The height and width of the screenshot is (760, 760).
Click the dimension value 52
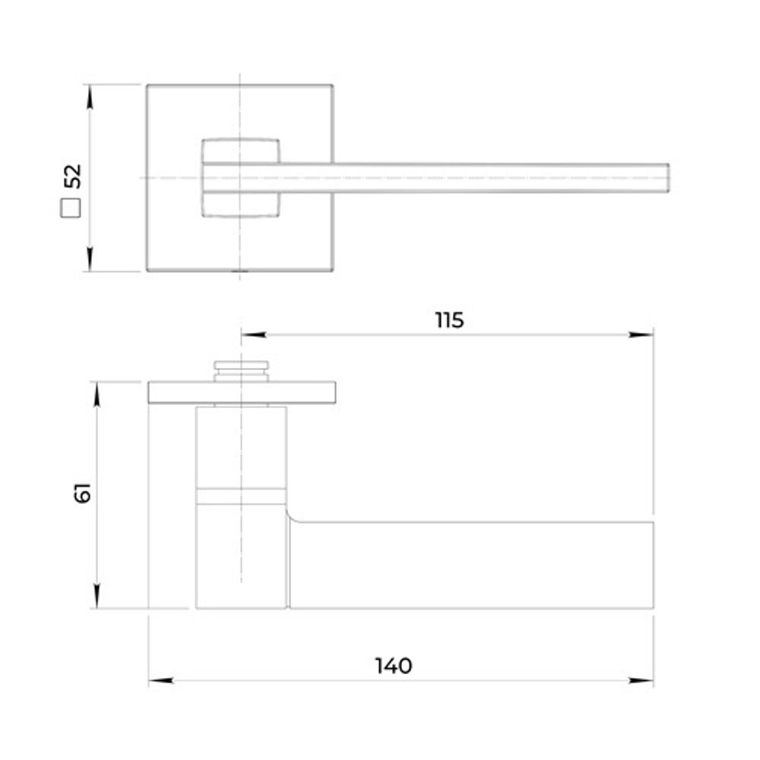73,176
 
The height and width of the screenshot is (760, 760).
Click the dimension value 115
449,321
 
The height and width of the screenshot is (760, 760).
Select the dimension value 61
83,493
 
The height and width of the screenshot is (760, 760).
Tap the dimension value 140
394,666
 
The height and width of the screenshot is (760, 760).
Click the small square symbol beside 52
71,208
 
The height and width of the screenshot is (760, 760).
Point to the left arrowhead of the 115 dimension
254,334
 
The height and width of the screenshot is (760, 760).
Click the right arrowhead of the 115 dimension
641,334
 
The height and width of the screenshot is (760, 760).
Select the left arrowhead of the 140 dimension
161,680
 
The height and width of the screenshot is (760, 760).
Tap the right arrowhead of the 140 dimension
641,680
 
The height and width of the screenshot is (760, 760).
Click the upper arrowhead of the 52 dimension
90,97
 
